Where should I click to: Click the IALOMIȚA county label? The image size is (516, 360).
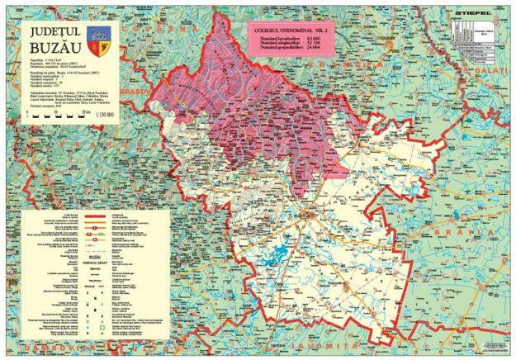pos(347,337)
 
